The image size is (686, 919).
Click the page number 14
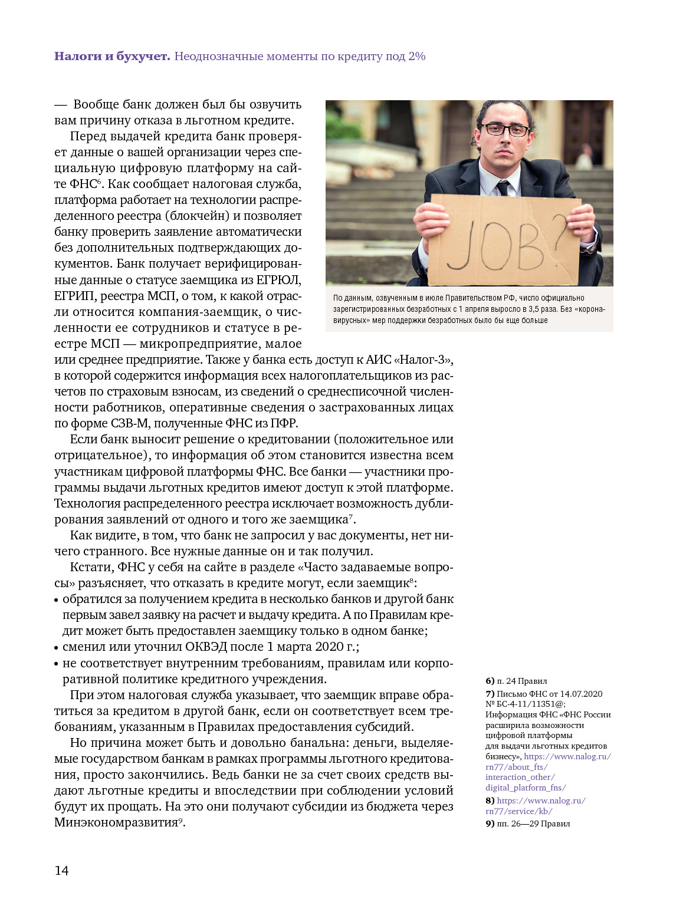pyautogui.click(x=61, y=871)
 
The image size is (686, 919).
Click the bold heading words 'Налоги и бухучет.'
pyautogui.click(x=112, y=57)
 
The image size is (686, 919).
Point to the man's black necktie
pyautogui.click(x=502, y=188)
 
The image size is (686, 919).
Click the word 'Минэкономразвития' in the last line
pyautogui.click(x=116, y=822)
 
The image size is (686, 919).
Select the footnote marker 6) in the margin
pyautogui.click(x=490, y=681)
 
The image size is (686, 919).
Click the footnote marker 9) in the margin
pyautogui.click(x=490, y=824)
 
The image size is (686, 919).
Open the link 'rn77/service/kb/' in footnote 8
pyautogui.click(x=518, y=811)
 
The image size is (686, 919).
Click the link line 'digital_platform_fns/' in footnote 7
pyautogui.click(x=526, y=788)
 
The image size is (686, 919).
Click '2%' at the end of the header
pyautogui.click(x=417, y=57)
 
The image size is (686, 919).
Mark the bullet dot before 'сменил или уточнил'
pyautogui.click(x=57, y=648)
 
